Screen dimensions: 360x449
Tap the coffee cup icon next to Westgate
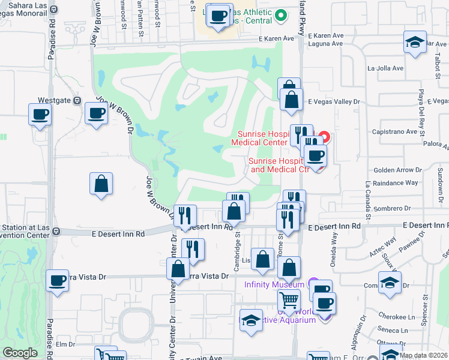coord(95,113)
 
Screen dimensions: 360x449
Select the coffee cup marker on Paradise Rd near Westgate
coord(40,115)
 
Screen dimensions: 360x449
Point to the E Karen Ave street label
coord(276,38)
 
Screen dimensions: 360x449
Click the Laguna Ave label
coord(325,43)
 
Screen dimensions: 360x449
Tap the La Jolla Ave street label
coord(382,68)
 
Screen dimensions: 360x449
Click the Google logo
coord(20,353)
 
